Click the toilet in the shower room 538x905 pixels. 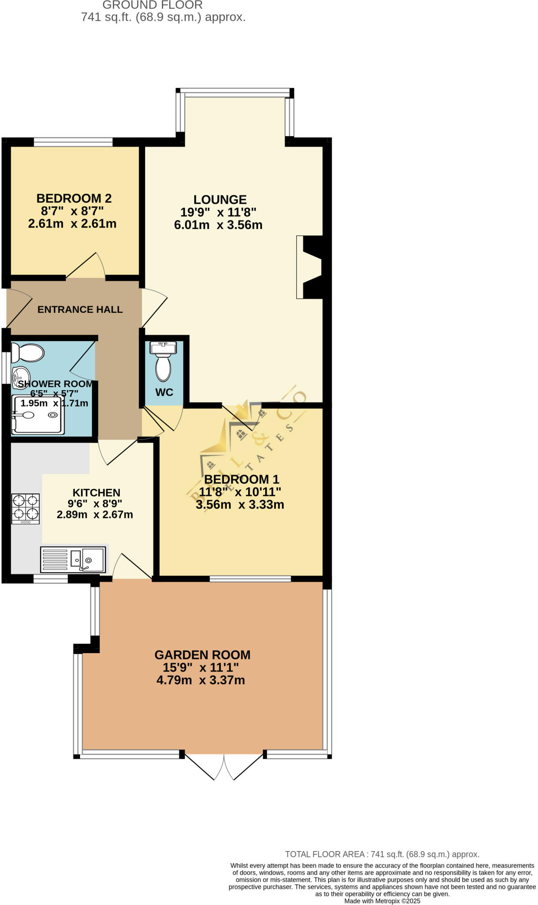[x=28, y=353]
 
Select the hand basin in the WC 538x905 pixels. [x=164, y=348]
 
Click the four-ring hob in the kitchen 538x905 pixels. [x=26, y=508]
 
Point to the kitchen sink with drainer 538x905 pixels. [x=73, y=559]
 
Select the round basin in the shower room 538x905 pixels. [x=20, y=376]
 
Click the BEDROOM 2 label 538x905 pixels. [x=74, y=198]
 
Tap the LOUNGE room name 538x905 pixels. [x=220, y=200]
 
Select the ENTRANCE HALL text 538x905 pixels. [x=80, y=310]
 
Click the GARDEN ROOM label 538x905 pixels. [x=202, y=655]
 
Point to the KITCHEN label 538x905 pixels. [x=96, y=493]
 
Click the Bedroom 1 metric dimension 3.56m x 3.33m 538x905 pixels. [x=240, y=505]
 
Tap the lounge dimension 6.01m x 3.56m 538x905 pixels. [x=218, y=225]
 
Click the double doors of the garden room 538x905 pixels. [x=224, y=767]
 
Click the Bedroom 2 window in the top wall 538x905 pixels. [x=73, y=142]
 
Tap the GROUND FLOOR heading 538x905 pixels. [x=153, y=5]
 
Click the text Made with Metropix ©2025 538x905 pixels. [x=382, y=901]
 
